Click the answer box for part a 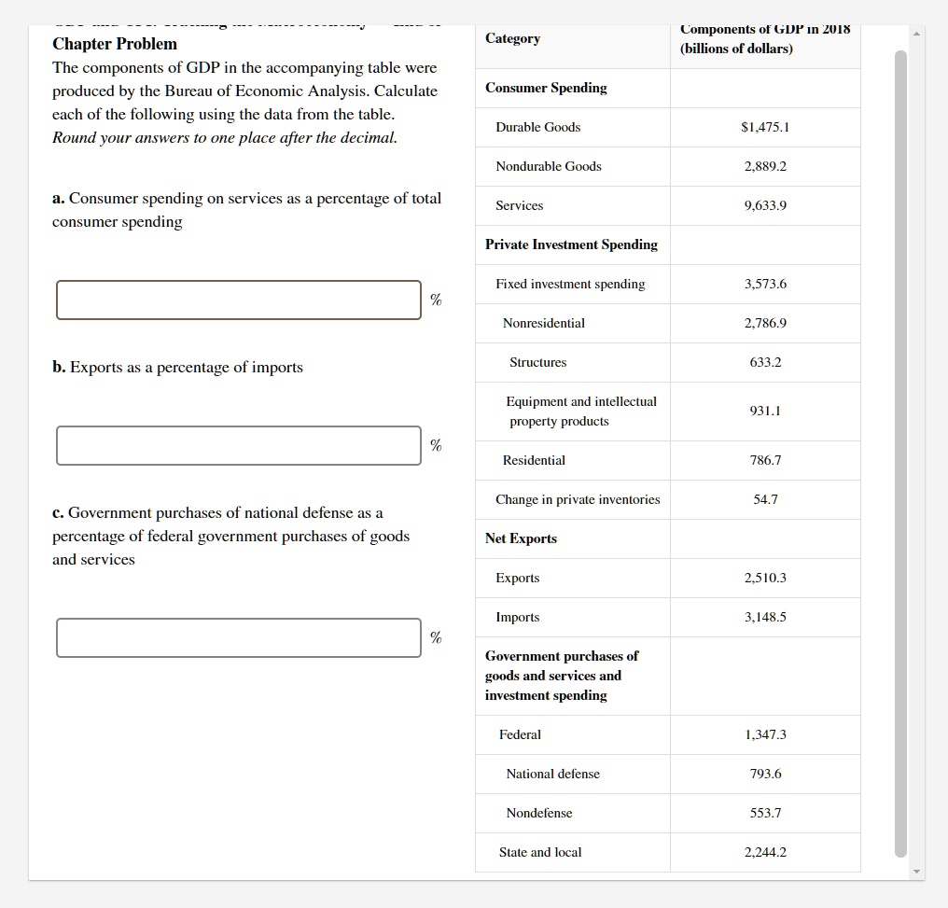pos(238,300)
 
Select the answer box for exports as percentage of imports pos(238,445)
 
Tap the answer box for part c pos(238,637)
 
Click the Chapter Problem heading pos(115,44)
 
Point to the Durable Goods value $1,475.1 pos(765,127)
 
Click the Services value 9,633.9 pos(765,205)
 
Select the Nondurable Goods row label pos(549,166)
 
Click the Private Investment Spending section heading pos(571,244)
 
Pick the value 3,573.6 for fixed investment pos(765,284)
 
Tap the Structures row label pos(537,362)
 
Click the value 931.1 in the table pos(765,411)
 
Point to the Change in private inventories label pos(578,499)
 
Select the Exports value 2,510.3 pos(765,578)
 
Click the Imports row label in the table pos(518,617)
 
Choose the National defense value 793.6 pos(765,774)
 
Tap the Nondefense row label pos(539,813)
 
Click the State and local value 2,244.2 pos(765,852)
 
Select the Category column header pos(512,38)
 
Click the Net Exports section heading pos(521,538)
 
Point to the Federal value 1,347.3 pos(765,734)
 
